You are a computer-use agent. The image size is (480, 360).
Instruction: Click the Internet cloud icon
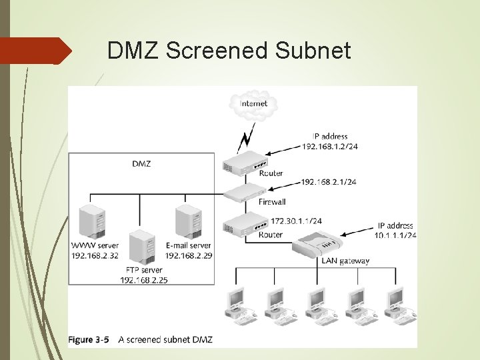(x=253, y=105)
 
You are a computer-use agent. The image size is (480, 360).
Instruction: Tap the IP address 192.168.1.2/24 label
(x=329, y=147)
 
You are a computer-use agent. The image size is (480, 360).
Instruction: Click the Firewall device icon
(x=244, y=194)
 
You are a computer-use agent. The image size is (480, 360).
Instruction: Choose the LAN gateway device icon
(x=318, y=246)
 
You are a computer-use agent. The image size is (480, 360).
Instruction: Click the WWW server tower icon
(x=93, y=223)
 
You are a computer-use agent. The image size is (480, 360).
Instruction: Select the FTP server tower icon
(x=142, y=248)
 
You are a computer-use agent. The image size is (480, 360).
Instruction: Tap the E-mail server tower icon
(x=189, y=223)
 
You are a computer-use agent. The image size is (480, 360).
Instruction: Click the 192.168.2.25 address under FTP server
(x=144, y=280)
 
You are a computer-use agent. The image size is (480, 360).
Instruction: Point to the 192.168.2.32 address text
(x=95, y=255)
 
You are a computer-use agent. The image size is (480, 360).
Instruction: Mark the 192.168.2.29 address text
(x=189, y=255)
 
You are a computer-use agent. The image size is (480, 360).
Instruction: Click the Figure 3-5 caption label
(x=89, y=339)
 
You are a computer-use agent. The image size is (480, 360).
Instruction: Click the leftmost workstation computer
(x=237, y=305)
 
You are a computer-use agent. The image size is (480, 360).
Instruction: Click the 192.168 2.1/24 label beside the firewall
(x=328, y=181)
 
